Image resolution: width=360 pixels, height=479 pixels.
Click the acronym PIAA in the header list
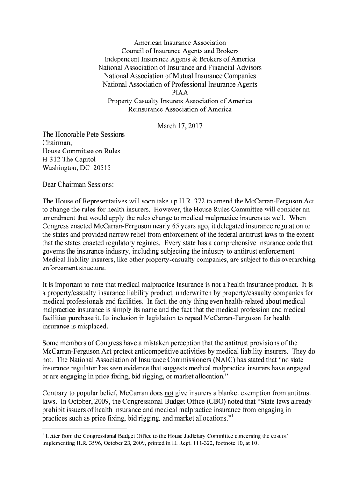click(180, 93)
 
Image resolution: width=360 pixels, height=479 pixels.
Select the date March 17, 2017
click(180, 126)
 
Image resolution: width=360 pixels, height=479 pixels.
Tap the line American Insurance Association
click(180, 43)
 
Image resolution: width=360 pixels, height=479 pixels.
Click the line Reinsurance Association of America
click(180, 109)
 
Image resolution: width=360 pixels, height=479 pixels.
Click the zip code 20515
click(102, 167)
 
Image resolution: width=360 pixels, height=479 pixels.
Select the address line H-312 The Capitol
click(69, 160)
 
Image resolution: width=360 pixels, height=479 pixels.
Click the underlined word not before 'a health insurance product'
click(216, 285)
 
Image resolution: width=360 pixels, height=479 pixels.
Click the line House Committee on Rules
click(81, 151)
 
